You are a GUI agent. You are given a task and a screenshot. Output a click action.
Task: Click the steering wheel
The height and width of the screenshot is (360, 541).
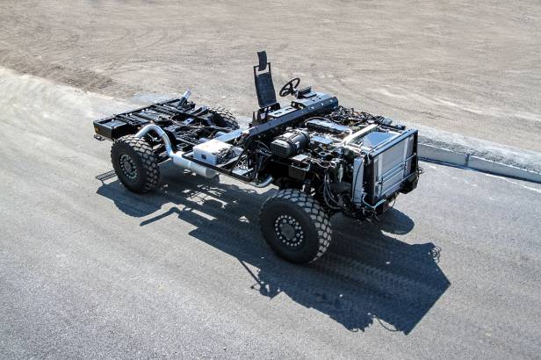(289, 86)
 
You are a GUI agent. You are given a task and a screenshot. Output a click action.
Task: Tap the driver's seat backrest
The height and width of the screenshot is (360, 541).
(264, 88)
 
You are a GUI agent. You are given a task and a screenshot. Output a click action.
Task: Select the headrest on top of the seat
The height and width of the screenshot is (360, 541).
(262, 60)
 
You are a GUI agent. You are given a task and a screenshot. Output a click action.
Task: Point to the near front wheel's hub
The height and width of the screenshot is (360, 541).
(290, 230)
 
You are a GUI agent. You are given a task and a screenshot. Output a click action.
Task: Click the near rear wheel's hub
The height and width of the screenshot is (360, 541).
(130, 166)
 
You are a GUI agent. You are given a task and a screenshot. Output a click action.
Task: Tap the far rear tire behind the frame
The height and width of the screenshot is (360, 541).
(223, 116)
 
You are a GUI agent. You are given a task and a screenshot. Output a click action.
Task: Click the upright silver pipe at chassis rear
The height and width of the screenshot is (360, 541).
(185, 96)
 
